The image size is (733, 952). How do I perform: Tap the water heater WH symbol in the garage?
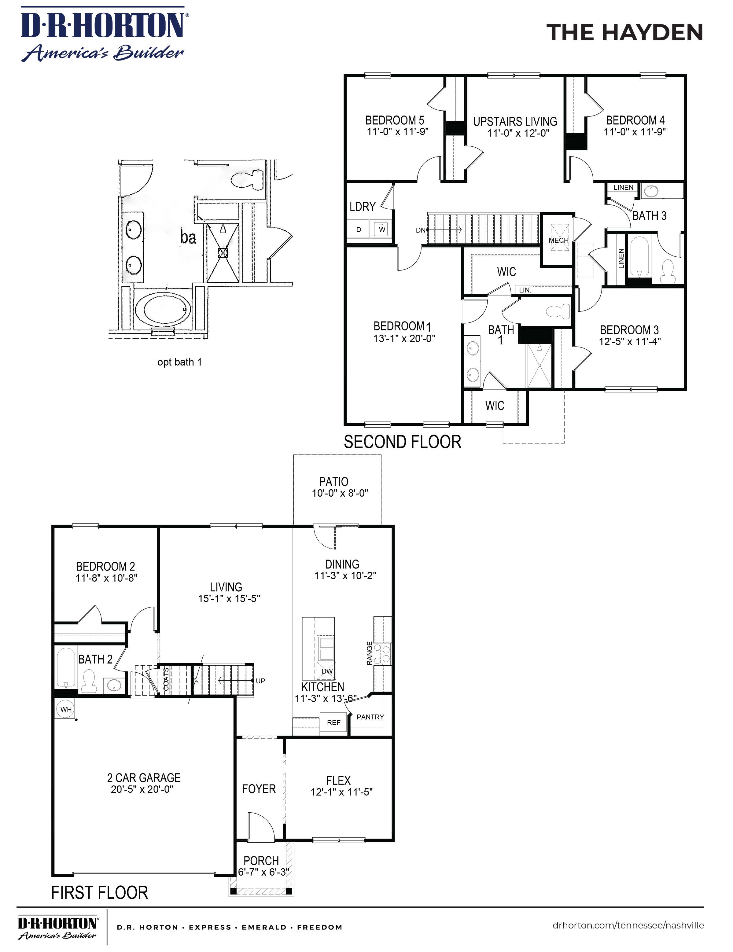pos(65,709)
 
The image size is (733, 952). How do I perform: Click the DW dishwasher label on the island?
pos(326,671)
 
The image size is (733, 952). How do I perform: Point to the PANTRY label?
pos(370,717)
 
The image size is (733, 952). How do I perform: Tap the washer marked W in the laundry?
pos(382,229)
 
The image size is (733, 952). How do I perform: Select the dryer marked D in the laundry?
pos(359,229)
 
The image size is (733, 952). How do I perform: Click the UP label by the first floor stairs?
pos(260,681)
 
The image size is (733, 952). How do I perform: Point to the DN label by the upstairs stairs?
pos(420,230)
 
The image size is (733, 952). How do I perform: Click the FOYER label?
pos(259,789)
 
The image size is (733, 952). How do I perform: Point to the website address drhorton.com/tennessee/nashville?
pos(628,925)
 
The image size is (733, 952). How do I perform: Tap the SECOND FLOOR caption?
pos(402,442)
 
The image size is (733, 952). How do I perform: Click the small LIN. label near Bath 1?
pos(525,290)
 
